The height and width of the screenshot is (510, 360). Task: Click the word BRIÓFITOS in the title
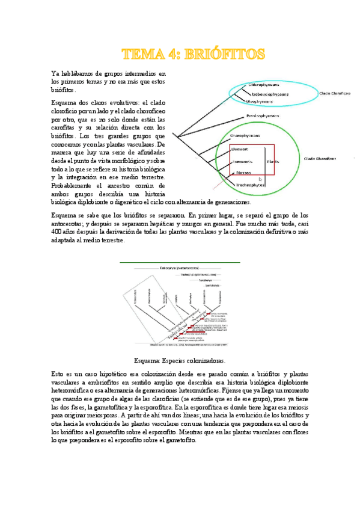pyautogui.click(x=225, y=54)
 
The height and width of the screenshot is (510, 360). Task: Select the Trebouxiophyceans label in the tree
pyautogui.click(x=270, y=94)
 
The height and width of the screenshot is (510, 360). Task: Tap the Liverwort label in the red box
pyautogui.click(x=240, y=150)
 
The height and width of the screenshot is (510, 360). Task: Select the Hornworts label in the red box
pyautogui.click(x=242, y=162)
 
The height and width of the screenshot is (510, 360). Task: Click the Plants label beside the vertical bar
pyautogui.click(x=273, y=162)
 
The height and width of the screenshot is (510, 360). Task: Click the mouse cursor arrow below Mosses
pyautogui.click(x=260, y=179)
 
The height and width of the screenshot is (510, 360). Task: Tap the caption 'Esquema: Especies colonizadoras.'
pyautogui.click(x=180, y=361)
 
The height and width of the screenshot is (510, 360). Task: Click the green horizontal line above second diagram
pyautogui.click(x=180, y=262)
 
